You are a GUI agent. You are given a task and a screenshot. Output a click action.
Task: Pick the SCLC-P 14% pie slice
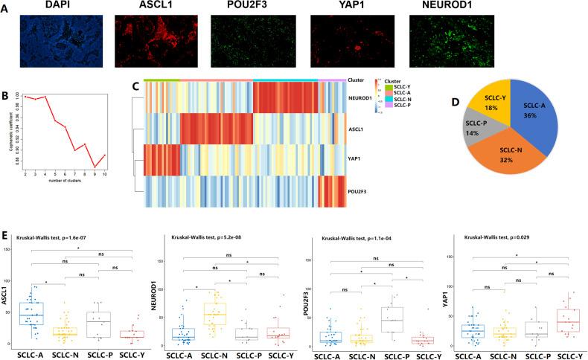coord(474,125)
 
